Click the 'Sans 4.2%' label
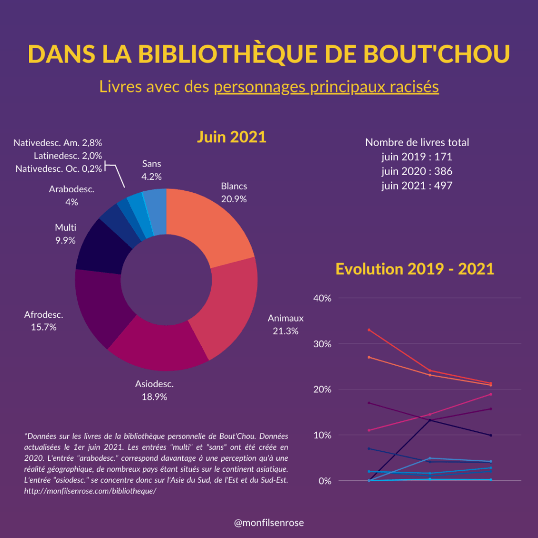[x=151, y=170]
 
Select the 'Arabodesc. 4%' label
[x=71, y=195]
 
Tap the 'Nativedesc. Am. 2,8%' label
[x=58, y=142]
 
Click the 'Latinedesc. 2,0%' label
[x=68, y=156]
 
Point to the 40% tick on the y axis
[x=322, y=298]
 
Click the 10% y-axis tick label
[x=322, y=435]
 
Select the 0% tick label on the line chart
[x=324, y=481]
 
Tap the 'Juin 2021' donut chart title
[x=232, y=137]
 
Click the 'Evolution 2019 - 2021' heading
[x=415, y=269]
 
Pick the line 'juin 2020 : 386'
[x=417, y=171]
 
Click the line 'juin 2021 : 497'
[x=417, y=185]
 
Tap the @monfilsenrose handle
[x=269, y=523]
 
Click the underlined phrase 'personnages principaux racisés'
[x=326, y=87]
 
